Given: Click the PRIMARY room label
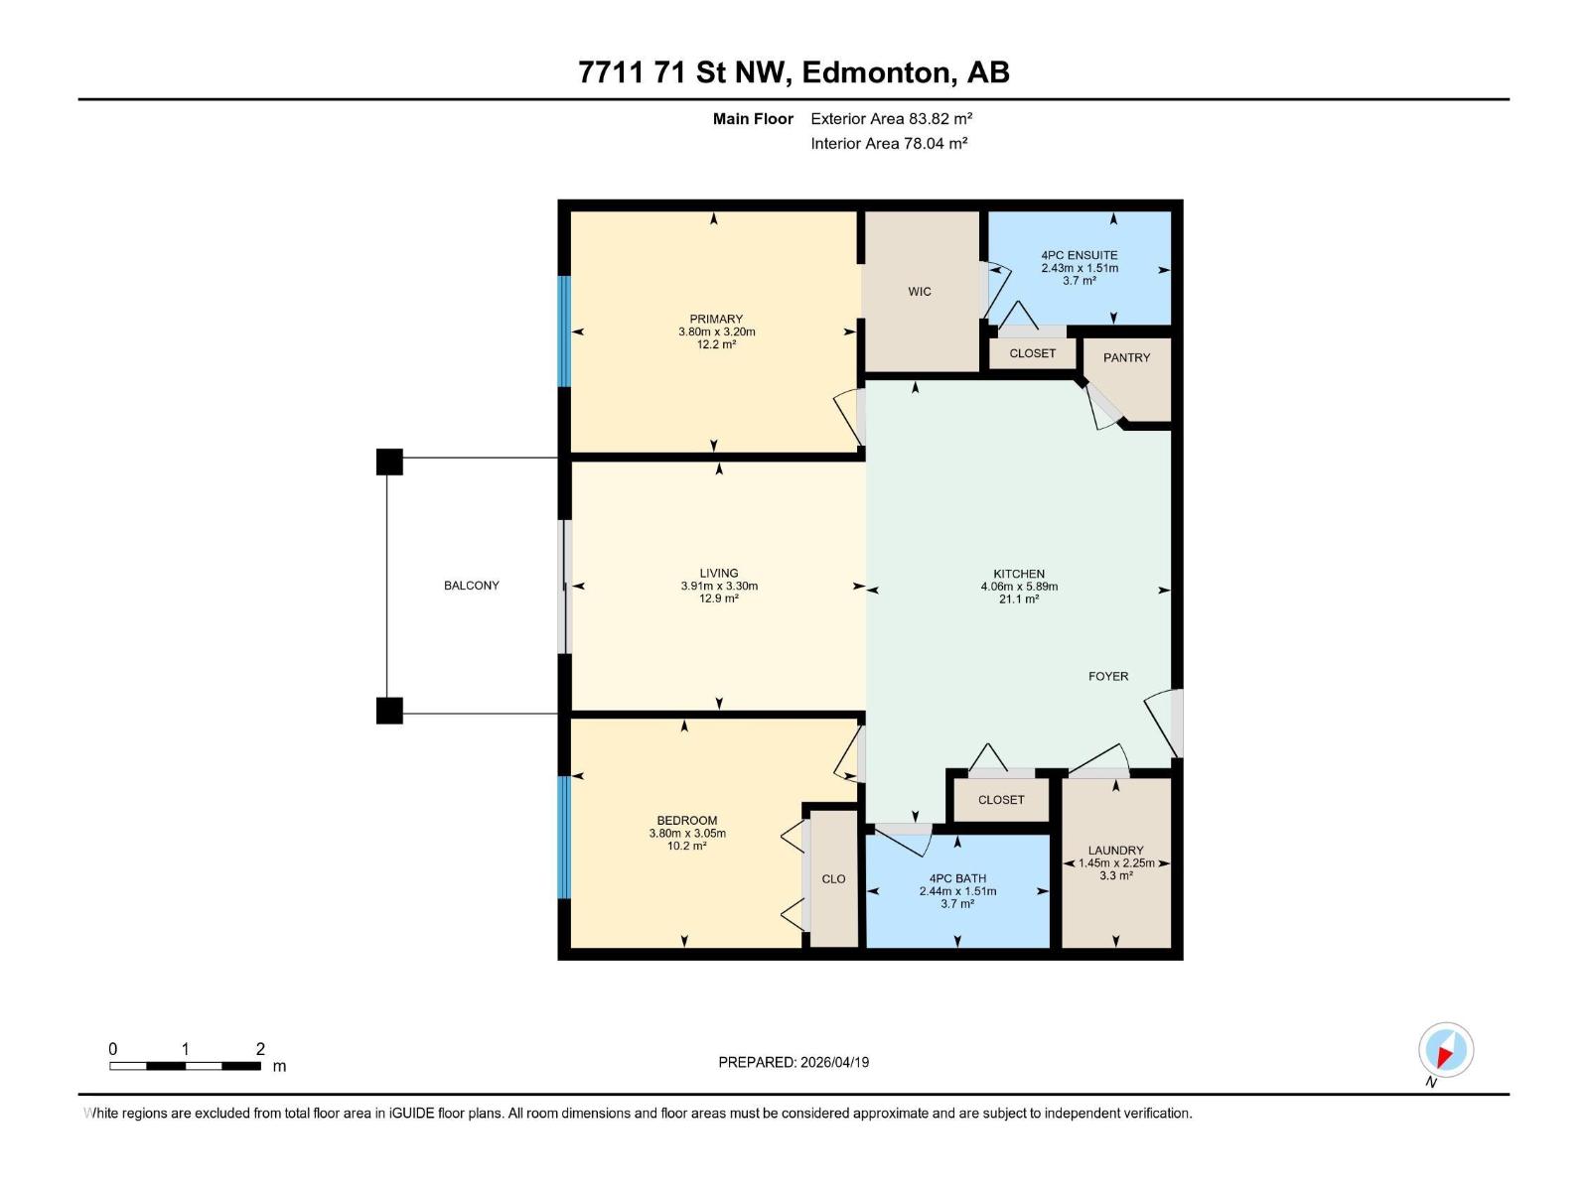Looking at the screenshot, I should click(x=716, y=320).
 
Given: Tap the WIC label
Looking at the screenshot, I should click(x=920, y=291).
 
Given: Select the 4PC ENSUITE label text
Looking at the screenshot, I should click(x=1080, y=255).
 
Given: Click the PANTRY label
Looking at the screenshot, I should click(x=1126, y=357).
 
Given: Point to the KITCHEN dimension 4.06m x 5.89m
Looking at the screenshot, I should click(x=1019, y=587).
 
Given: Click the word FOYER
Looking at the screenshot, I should click(x=1108, y=676).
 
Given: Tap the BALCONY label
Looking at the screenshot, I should click(x=472, y=586).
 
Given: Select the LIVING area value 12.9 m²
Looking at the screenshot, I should click(x=719, y=598).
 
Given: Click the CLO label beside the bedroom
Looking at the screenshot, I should click(x=833, y=879).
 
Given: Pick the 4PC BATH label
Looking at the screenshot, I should click(x=957, y=878).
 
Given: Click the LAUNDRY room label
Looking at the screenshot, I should click(x=1115, y=851).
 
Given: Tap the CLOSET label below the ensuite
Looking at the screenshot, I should click(x=1032, y=353).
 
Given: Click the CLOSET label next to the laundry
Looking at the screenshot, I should click(x=1000, y=800).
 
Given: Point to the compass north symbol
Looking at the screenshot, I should click(x=1445, y=1050).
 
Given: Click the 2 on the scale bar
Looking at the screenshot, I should click(x=260, y=1049).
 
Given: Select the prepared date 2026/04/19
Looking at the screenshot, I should click(x=833, y=1062).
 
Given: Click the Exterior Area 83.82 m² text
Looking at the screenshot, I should click(x=891, y=118).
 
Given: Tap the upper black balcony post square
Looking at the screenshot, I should click(x=389, y=462).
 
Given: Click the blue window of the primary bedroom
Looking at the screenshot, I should click(x=564, y=331).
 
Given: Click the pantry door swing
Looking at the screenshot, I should click(x=1102, y=407).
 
